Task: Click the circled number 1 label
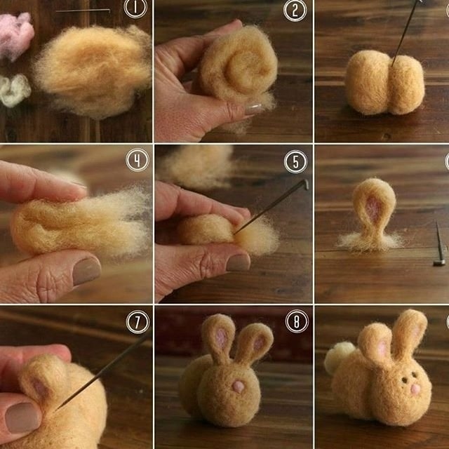[135, 8]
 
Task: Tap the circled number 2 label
[295, 10]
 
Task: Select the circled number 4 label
[138, 160]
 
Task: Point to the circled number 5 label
[295, 161]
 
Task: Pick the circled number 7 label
[138, 322]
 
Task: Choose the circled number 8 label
[297, 321]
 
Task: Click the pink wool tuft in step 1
[15, 36]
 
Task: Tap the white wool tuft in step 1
[14, 90]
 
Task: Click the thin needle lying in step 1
[83, 11]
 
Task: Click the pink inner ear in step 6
[373, 209]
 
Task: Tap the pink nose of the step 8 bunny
[239, 387]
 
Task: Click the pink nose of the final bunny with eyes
[415, 389]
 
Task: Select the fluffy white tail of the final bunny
[339, 357]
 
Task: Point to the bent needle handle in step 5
[306, 185]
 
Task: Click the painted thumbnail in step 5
[238, 262]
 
